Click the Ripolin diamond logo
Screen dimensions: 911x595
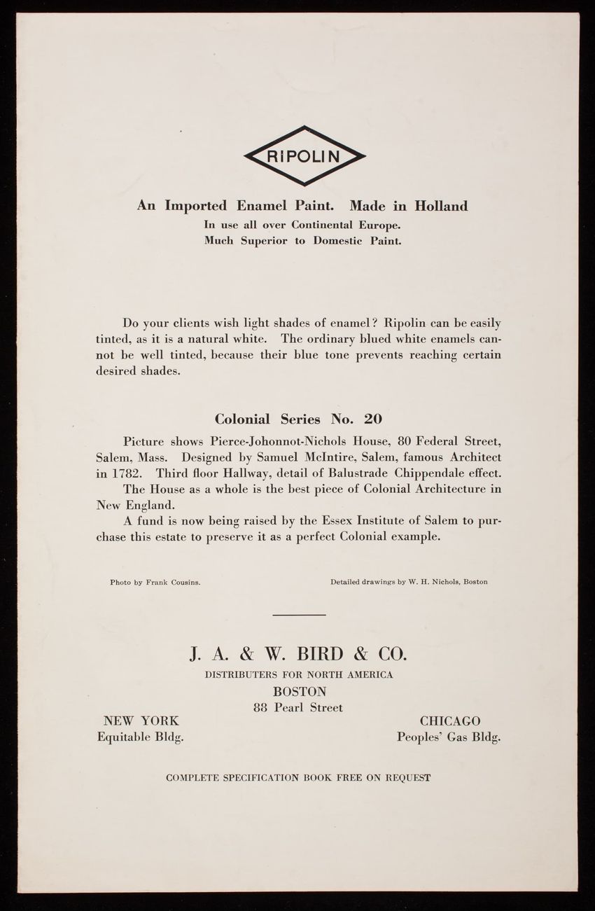304,155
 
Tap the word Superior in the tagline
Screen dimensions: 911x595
269,241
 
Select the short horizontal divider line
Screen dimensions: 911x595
299,615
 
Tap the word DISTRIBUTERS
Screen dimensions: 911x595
239,675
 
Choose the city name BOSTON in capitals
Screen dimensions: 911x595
298,691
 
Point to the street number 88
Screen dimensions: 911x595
262,708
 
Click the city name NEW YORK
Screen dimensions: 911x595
141,721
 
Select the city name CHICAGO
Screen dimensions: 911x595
450,721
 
